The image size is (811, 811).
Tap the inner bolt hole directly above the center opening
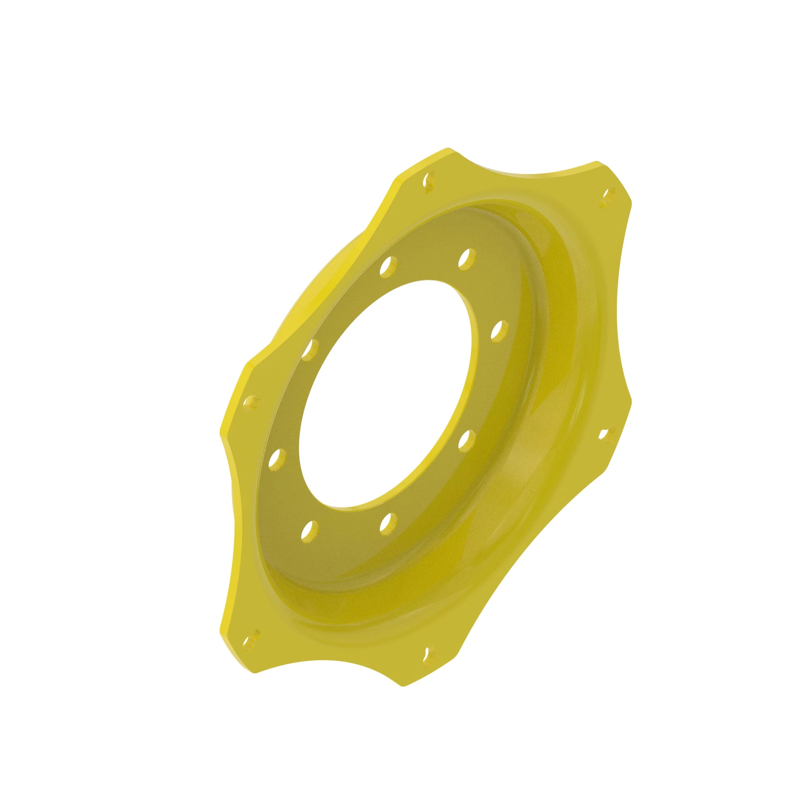(x=388, y=266)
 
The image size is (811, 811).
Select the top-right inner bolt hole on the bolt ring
(x=467, y=259)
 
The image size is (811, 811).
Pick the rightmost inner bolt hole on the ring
(x=499, y=332)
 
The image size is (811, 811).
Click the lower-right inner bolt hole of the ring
(x=466, y=441)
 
